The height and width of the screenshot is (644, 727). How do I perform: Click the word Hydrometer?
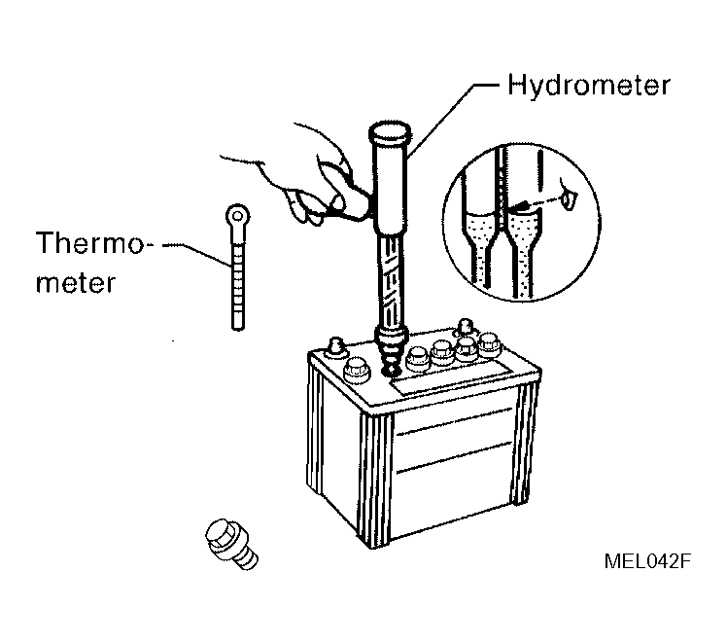[589, 86]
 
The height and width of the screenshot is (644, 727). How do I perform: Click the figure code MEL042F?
[647, 561]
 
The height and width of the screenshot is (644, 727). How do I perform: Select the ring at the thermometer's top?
[238, 216]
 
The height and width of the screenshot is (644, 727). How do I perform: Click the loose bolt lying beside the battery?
[231, 544]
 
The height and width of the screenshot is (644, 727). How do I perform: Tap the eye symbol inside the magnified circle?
[569, 198]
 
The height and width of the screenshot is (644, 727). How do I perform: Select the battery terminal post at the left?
[335, 348]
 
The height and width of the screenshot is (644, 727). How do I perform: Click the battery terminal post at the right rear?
[465, 327]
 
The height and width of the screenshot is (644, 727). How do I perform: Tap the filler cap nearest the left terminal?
[356, 371]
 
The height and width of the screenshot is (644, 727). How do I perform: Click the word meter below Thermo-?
[76, 282]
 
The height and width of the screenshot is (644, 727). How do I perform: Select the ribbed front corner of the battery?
[374, 478]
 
